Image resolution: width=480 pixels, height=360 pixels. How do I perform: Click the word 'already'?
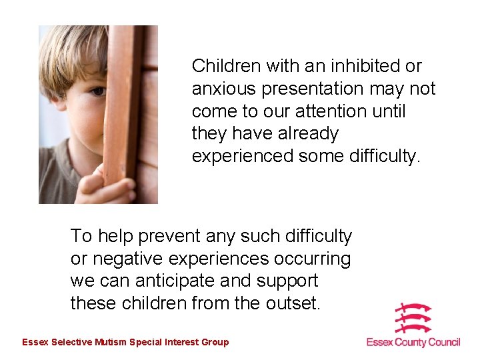coord(307,134)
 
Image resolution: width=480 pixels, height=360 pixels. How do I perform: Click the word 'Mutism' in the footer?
coord(111,343)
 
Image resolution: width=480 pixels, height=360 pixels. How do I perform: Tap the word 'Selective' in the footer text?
coord(71,343)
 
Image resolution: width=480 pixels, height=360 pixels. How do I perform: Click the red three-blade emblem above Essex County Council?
coord(413,319)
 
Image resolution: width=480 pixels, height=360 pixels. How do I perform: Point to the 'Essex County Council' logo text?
coord(413,343)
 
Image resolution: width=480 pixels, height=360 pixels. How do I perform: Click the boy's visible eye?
coord(97,91)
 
